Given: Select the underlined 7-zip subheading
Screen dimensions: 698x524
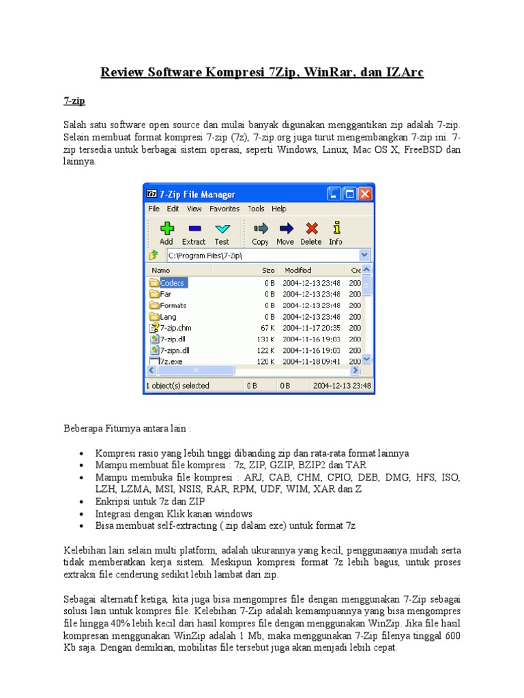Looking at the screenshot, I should tap(74, 101).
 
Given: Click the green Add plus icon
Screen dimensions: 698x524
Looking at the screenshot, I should tap(166, 228).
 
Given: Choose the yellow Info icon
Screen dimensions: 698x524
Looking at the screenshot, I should tap(336, 228).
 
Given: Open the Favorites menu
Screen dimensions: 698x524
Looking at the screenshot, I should tap(224, 209).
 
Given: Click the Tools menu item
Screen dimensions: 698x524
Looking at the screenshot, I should tap(256, 209).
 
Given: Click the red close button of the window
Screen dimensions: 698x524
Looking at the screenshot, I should tap(366, 194).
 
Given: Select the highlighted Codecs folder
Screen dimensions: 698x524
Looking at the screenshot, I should tap(171, 283).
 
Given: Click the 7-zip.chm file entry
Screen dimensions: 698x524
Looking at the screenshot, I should tap(175, 328).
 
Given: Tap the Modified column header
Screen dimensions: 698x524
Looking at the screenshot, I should tap(298, 270).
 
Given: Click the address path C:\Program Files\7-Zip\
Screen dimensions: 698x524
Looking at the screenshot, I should tap(204, 255).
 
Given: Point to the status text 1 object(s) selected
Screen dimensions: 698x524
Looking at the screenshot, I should tap(177, 386).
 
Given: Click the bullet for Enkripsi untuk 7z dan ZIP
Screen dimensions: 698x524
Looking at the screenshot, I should tap(82, 502).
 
